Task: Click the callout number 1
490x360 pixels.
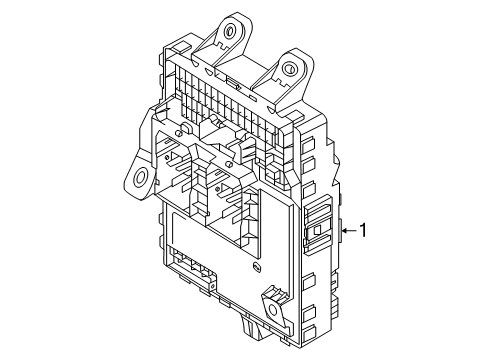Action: [363, 230]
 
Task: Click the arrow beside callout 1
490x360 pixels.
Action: [349, 230]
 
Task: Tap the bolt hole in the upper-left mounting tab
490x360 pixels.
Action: [229, 31]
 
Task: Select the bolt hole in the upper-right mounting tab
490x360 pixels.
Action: [289, 69]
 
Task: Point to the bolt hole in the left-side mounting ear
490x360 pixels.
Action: [140, 176]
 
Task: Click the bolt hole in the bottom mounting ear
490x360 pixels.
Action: [273, 310]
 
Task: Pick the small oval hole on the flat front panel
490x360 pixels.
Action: [257, 266]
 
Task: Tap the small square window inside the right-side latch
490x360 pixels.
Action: [317, 229]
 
